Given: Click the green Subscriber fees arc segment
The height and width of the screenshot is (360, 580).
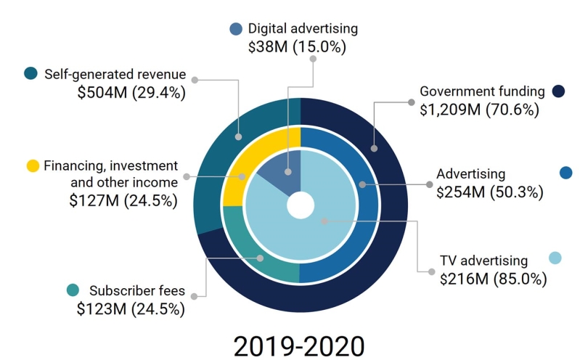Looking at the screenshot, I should tap(254, 254).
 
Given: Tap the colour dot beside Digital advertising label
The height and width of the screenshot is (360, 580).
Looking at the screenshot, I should tap(236, 30).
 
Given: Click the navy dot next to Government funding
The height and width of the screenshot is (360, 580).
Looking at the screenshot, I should tap(558, 92).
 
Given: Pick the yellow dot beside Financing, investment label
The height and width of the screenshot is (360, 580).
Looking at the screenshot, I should tap(33, 166).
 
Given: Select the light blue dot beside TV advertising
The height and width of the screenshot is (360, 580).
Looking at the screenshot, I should tap(555, 258).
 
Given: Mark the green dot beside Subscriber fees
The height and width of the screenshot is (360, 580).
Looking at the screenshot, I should tap(73, 290).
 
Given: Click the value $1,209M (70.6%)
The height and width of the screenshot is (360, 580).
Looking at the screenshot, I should tap(480, 110).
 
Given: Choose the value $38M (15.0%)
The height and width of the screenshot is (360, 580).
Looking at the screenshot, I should tap(297, 47).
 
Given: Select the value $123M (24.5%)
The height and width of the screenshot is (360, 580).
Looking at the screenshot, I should tap(131, 308).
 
